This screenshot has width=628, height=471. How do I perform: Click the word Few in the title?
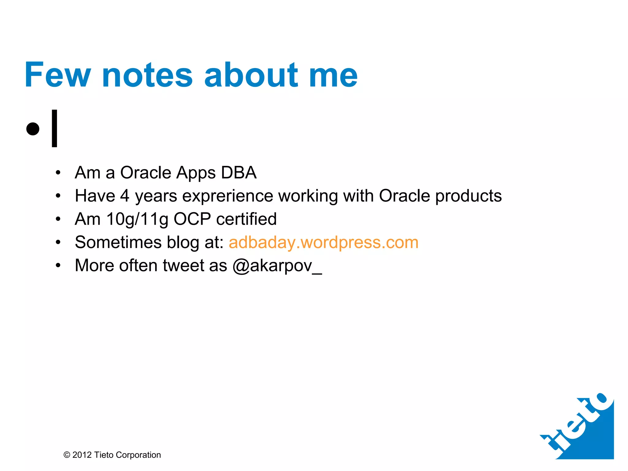(58, 75)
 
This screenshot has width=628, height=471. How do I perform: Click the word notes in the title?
(147, 75)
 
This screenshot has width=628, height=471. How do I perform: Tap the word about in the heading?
(251, 75)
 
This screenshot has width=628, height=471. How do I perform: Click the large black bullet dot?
(33, 128)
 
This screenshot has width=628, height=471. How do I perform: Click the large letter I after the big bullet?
(55, 128)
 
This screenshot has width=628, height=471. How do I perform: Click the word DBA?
(239, 173)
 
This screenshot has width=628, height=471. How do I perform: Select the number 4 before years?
(124, 196)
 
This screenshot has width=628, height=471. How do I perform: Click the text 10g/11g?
(137, 220)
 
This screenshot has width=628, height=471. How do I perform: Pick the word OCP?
(192, 219)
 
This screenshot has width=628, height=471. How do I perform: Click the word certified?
(246, 219)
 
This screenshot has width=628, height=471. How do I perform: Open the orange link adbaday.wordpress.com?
(324, 243)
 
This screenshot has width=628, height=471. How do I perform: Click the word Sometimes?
(118, 242)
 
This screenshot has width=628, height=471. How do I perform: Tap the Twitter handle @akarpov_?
(277, 266)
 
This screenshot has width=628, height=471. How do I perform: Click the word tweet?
(183, 266)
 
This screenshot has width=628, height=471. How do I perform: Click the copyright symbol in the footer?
(67, 455)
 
